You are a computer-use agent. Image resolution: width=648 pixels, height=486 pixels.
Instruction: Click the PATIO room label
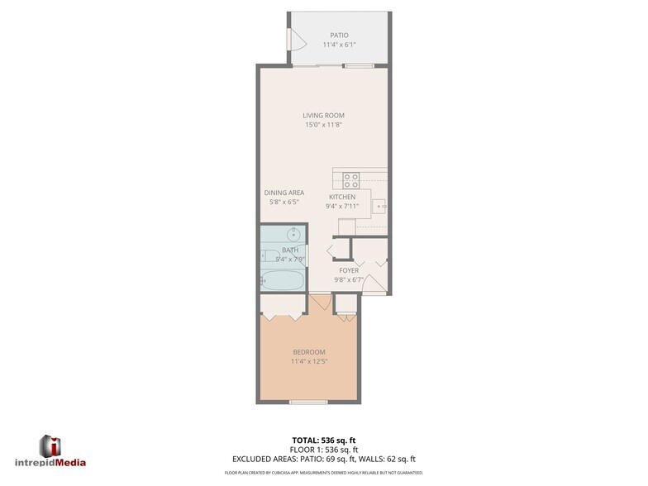pyautogui.click(x=339, y=36)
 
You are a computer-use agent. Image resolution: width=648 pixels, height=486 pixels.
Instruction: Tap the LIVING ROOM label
pyautogui.click(x=323, y=116)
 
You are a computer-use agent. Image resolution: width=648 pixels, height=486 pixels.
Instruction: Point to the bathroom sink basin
pyautogui.click(x=292, y=235)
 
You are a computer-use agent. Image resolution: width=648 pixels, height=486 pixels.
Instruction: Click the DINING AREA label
pyautogui.click(x=284, y=193)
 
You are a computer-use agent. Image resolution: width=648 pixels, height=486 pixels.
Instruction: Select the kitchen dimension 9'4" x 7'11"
pyautogui.click(x=342, y=207)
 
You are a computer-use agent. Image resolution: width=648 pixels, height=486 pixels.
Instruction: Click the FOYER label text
pyautogui.click(x=348, y=270)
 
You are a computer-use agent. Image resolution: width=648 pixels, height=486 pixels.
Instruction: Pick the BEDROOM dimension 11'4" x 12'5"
pyautogui.click(x=310, y=361)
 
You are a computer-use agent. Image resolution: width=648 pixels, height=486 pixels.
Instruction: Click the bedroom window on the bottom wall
pyautogui.click(x=309, y=402)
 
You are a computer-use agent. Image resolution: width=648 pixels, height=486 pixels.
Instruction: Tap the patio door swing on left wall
pyautogui.click(x=293, y=40)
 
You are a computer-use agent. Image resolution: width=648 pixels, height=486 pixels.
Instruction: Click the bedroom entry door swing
pyautogui.click(x=320, y=303)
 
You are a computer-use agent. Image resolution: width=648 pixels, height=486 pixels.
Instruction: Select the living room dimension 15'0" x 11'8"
pyautogui.click(x=323, y=125)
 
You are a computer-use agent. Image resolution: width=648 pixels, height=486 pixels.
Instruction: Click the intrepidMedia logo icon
pyautogui.click(x=50, y=445)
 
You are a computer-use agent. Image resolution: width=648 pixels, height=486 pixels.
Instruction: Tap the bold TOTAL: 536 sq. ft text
pyautogui.click(x=323, y=440)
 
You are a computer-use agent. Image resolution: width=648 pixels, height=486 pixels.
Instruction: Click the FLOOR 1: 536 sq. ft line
pyautogui.click(x=323, y=449)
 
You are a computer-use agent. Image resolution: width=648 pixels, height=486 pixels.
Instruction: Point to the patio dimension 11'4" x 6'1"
pyautogui.click(x=339, y=45)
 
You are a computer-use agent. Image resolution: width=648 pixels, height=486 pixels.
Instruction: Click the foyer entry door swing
pyautogui.click(x=374, y=284)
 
